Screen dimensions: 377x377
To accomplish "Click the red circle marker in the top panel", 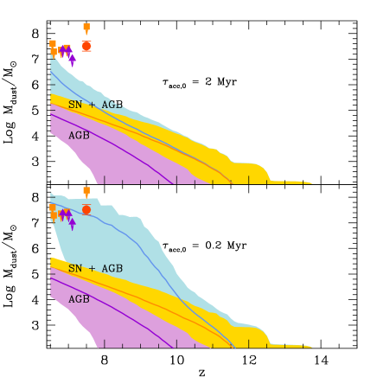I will point(86,46).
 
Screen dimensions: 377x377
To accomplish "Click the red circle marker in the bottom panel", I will point(86,209).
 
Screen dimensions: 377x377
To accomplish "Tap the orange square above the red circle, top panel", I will point(86,28).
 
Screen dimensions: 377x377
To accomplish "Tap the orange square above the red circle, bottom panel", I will point(86,191).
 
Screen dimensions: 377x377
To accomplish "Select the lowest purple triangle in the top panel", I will point(73,60).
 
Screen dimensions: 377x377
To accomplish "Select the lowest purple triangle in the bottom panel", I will point(73,223).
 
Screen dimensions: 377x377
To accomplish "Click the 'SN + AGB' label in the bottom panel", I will point(95,269).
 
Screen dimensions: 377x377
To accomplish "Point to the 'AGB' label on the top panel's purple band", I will point(79,136).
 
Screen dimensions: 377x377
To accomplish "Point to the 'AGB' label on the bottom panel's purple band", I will point(79,299).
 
